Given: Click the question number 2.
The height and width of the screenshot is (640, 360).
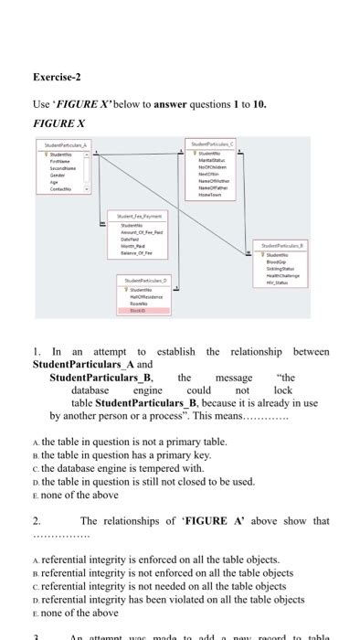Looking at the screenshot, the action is pyautogui.click(x=36, y=521).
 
